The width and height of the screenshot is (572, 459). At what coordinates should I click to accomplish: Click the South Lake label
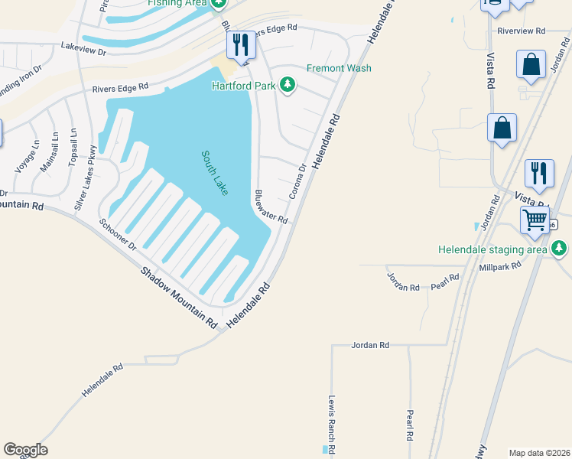[x=214, y=172]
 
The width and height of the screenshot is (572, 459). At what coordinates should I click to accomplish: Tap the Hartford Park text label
[x=245, y=85]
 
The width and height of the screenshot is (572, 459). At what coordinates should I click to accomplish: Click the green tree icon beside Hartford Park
[x=288, y=84]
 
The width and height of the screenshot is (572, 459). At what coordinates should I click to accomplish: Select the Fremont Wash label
[x=339, y=68]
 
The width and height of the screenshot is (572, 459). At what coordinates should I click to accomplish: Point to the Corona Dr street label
[x=297, y=181]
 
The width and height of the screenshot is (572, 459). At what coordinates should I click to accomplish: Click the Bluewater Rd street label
[x=271, y=207]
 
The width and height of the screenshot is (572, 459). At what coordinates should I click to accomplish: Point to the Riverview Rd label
[x=521, y=31]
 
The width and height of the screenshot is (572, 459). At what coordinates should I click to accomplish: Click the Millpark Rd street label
[x=499, y=265]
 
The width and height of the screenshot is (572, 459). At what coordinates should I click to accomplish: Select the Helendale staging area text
[x=492, y=249]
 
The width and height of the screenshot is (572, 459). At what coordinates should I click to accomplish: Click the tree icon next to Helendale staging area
[x=560, y=248]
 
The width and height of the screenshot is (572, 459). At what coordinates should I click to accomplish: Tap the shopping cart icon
[x=535, y=220]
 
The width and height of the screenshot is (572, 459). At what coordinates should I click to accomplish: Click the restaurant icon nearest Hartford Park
[x=242, y=45]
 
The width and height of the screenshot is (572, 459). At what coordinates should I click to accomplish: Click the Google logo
[x=25, y=450]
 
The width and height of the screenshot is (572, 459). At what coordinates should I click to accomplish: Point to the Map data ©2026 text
[x=538, y=452]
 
